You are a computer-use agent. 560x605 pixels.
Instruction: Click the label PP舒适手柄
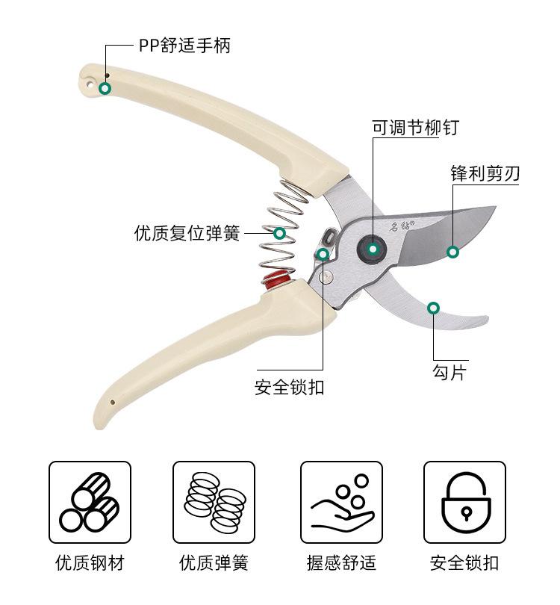pos(184,46)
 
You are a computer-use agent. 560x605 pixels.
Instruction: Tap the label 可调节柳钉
pos(415,128)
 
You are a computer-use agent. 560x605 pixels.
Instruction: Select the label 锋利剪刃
pos(485,174)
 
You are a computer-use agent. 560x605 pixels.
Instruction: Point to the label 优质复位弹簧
pos(187,234)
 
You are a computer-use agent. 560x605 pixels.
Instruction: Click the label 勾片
pos(449,372)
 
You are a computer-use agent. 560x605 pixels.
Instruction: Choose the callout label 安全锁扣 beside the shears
pos(290,388)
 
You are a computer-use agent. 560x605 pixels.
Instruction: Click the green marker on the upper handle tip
pos(105,88)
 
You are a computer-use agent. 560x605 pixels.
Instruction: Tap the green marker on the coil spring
pos(279,233)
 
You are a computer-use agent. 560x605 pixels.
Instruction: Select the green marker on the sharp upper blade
pos(452,252)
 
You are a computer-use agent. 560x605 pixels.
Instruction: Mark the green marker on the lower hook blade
pos(433,308)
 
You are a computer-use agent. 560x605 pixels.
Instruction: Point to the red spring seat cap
pos(277,281)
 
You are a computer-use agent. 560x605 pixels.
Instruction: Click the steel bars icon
pos(90,502)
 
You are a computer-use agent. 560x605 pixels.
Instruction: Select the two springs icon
pos(214,502)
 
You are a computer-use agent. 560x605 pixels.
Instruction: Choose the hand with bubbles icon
pos(341,502)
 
